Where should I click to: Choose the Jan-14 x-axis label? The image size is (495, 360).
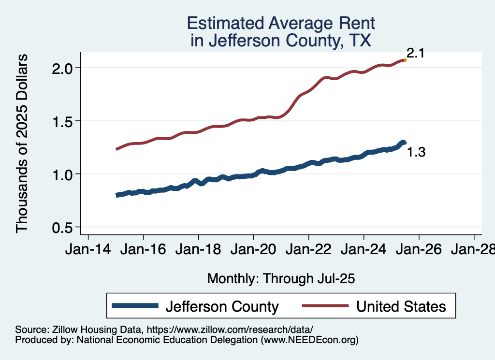point(88,250)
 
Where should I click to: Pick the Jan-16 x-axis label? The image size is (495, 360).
point(143,250)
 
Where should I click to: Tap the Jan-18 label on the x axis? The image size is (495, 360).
point(198,250)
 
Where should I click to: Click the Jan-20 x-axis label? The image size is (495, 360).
point(253,250)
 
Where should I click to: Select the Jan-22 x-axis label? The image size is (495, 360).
point(308,250)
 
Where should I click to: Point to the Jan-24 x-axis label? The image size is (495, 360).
point(364,250)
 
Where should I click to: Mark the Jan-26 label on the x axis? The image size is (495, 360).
point(419,250)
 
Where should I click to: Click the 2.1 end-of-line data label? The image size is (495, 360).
point(415,54)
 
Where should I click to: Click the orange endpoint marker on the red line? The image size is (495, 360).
point(405,60)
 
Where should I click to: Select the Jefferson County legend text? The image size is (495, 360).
point(222,306)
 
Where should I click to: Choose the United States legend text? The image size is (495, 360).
point(401,306)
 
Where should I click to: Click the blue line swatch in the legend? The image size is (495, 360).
point(135,306)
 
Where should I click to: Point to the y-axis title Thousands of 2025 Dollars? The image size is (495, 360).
point(22,143)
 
